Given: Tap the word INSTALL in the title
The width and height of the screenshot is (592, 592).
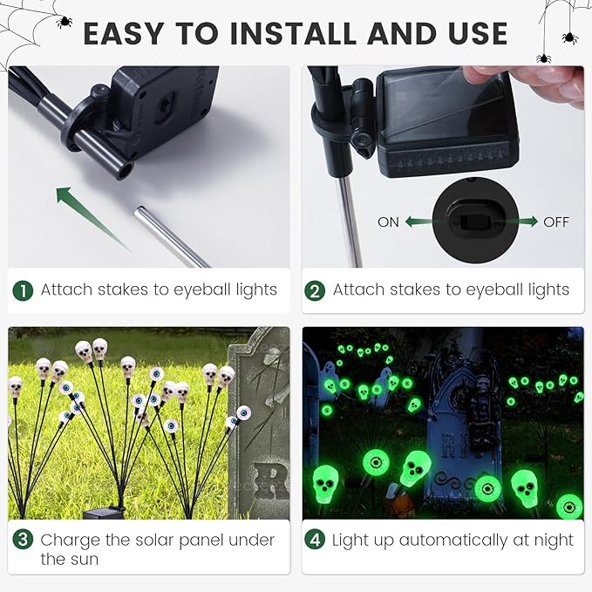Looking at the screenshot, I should [x=292, y=33].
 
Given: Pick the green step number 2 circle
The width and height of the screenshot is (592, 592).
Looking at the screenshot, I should [x=314, y=290].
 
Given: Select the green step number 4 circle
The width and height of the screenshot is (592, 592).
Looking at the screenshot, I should [x=314, y=541].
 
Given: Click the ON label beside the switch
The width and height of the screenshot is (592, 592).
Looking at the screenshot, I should [x=388, y=222].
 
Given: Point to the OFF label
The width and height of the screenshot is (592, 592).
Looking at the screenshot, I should [x=556, y=222].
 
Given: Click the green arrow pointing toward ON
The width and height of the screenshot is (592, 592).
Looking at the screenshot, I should [x=420, y=222].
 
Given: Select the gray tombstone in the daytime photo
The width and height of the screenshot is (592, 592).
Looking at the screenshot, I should [x=258, y=418].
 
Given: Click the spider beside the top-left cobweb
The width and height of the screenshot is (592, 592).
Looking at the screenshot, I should [x=64, y=20].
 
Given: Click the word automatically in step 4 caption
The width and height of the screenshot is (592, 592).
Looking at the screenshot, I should [x=462, y=541].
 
